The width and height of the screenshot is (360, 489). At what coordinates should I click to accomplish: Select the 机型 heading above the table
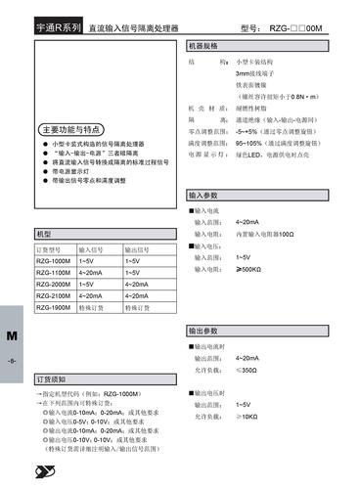point(45,235)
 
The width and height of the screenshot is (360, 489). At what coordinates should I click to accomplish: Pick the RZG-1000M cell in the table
point(54,262)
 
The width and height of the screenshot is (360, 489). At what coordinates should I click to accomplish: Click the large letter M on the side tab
point(12,335)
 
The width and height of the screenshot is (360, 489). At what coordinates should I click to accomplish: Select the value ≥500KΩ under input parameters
point(249,269)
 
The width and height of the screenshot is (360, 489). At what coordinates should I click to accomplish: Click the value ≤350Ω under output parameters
point(248,371)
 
